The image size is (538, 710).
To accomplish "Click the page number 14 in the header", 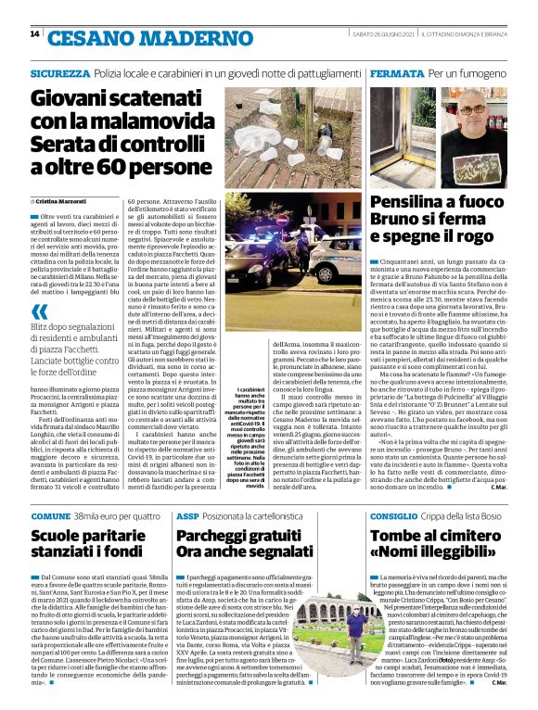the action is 34,34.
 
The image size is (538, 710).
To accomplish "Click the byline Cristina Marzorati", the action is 66,201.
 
